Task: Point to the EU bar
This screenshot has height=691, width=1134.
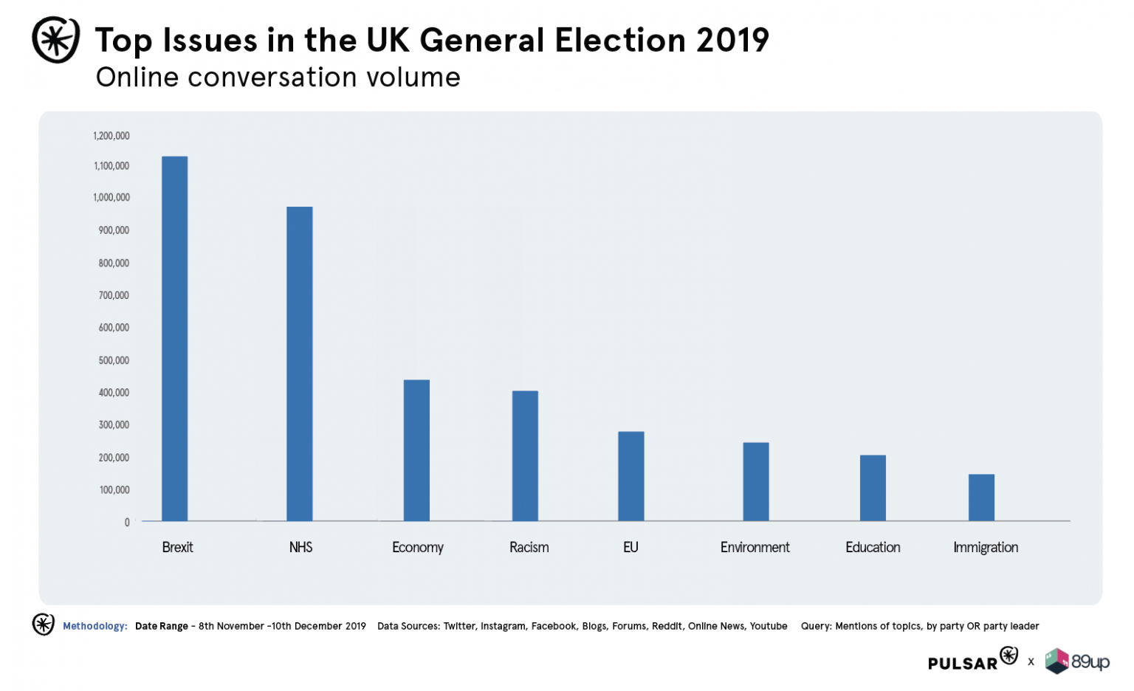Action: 631,476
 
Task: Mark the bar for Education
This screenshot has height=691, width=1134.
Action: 873,488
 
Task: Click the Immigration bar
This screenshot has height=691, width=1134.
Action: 981,498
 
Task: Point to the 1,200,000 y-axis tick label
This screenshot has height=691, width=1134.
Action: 111,136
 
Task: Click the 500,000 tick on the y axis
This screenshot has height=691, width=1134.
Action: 114,360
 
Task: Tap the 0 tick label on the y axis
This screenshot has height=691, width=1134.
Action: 127,523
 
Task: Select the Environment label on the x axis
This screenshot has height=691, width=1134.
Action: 755,547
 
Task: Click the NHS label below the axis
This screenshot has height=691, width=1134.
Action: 300,547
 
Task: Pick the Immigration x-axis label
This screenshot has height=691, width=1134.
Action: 986,547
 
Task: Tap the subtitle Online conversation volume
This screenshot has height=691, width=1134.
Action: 278,78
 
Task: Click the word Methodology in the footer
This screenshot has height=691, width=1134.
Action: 94,626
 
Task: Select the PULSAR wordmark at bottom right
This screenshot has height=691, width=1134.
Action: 963,663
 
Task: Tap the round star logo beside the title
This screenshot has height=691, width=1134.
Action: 56,40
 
